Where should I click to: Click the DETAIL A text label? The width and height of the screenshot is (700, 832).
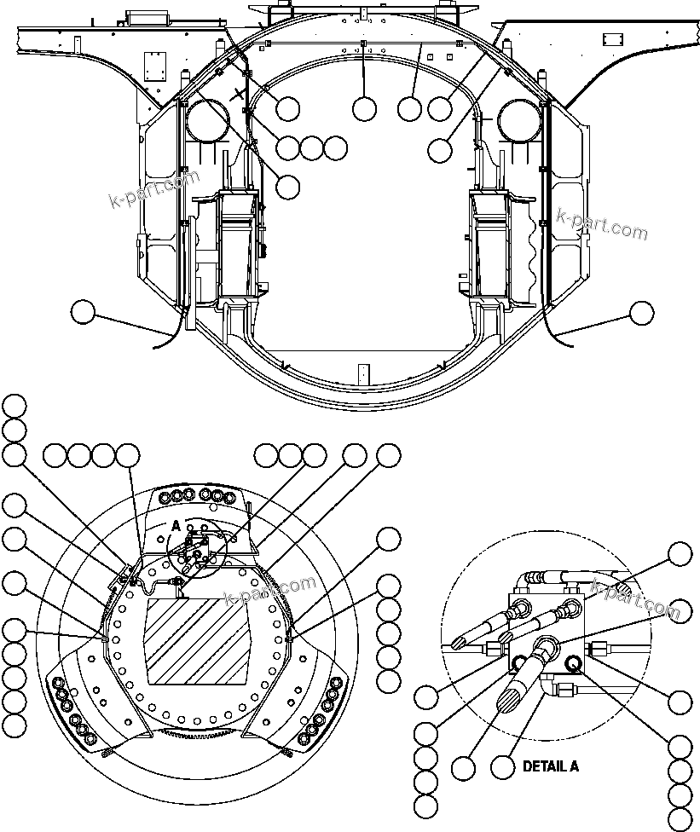(x=550, y=766)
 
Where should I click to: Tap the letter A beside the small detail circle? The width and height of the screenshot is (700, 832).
(x=176, y=526)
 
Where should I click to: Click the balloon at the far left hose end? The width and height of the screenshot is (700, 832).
(x=83, y=312)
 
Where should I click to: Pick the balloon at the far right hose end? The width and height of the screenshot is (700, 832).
(x=641, y=313)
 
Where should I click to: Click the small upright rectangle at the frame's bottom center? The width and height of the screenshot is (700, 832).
(x=364, y=374)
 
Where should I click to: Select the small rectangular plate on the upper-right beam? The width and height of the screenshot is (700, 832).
(x=613, y=39)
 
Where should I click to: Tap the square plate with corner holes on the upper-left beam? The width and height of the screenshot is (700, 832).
(x=154, y=65)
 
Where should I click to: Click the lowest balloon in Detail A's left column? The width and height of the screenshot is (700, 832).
(x=425, y=805)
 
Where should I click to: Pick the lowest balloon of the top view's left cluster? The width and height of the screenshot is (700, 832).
(x=288, y=184)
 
